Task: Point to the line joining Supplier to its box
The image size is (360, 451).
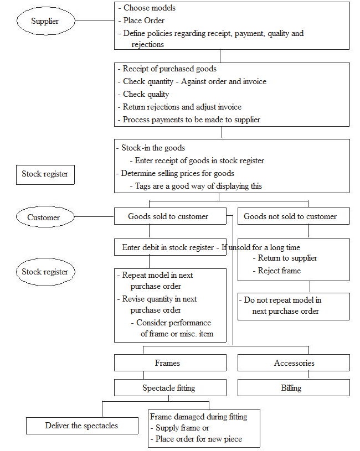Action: (x=95, y=20)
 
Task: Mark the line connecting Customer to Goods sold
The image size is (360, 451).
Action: (x=94, y=216)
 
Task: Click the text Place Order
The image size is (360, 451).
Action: (x=144, y=20)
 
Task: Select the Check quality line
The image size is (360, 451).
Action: (x=143, y=94)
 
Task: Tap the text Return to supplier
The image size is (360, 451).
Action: (x=287, y=258)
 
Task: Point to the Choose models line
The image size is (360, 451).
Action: (x=147, y=8)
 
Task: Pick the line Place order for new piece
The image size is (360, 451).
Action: (x=196, y=439)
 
